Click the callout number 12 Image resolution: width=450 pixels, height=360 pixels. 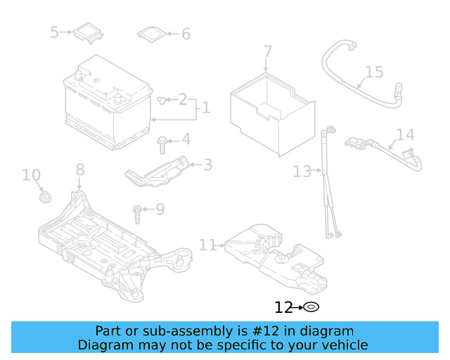pos(283,307)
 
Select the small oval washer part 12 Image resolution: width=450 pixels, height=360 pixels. pos(311,307)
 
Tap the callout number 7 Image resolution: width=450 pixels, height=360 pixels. pos(267,52)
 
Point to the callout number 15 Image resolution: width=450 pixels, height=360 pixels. pos(374,72)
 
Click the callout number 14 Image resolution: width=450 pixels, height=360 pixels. pos(405,134)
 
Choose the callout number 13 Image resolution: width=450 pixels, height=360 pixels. pos(302,171)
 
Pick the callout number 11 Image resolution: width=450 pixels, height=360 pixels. pos(207,245)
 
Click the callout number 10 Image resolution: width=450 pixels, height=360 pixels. pos(31,174)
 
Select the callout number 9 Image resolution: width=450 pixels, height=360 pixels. pos(160,209)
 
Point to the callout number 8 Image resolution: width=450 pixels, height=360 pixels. pos(79,169)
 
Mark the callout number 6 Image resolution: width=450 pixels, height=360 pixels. pos(186,34)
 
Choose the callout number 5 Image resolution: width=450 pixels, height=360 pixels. pos(55,32)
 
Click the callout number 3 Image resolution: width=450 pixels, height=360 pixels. pos(207,165)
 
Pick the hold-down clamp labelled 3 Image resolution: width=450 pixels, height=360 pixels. pos(158,171)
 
